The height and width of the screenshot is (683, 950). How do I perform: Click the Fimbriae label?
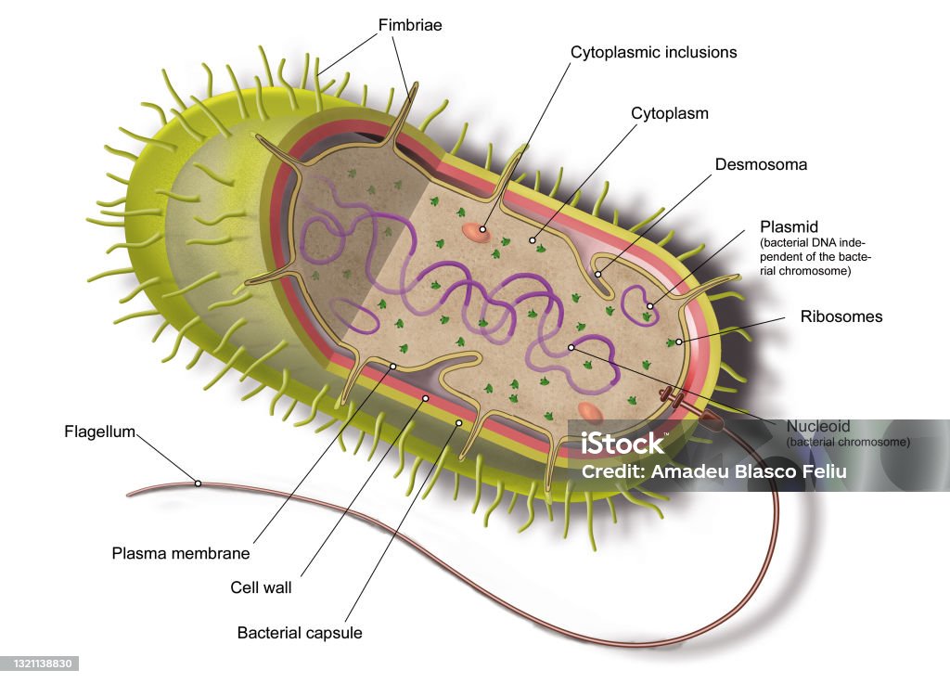(410, 25)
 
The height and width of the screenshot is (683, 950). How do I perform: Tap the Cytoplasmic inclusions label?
(654, 53)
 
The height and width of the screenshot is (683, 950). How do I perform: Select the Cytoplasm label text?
(670, 113)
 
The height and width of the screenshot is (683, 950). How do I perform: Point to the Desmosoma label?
(761, 164)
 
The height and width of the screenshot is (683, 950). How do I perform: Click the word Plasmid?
(789, 226)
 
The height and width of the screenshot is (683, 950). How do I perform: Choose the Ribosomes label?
(841, 316)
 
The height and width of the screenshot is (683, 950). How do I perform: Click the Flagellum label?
(99, 432)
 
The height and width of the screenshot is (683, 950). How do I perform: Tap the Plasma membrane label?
(181, 553)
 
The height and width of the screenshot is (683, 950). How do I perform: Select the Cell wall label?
(261, 587)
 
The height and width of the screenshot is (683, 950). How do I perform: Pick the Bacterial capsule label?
(300, 633)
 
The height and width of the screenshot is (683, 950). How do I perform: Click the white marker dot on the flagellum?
(198, 483)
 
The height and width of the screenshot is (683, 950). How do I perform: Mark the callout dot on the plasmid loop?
(650, 306)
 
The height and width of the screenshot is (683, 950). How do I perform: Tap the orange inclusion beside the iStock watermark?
(589, 412)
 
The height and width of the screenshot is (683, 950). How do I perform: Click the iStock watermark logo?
(623, 444)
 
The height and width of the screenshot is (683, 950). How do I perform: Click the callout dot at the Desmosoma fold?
(598, 274)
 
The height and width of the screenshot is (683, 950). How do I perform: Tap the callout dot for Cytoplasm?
(533, 240)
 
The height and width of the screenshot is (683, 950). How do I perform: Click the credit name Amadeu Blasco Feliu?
(749, 471)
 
